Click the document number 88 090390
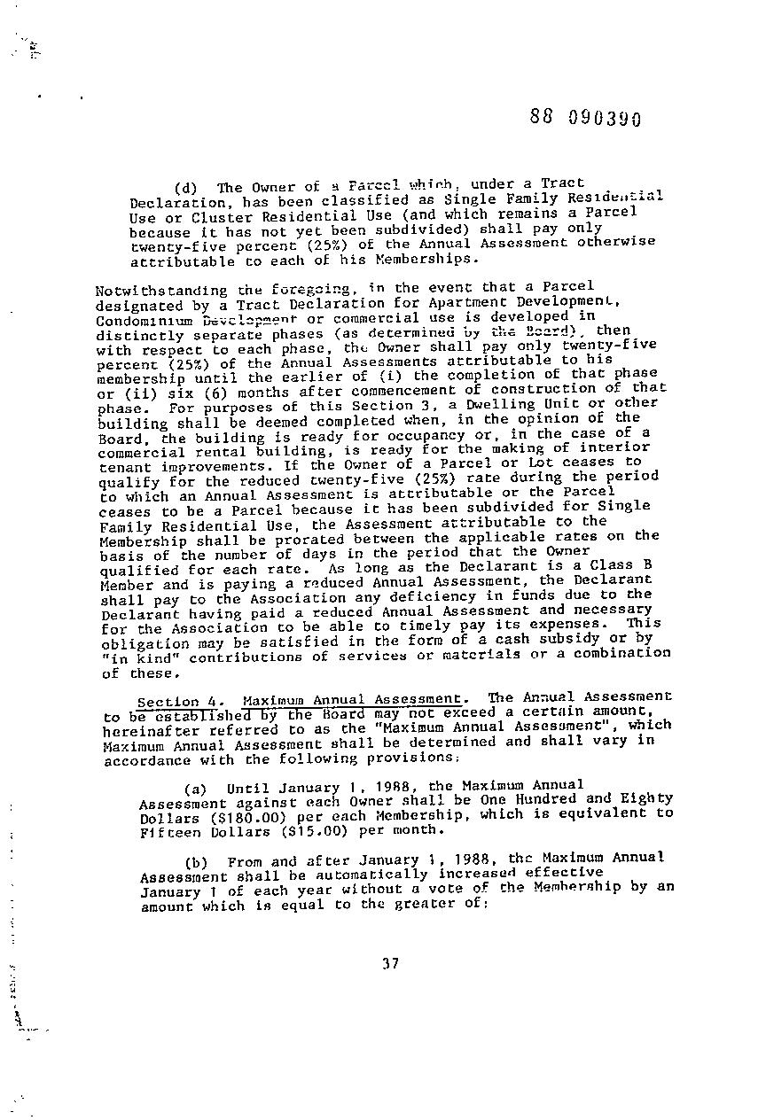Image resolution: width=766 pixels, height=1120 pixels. [x=584, y=119]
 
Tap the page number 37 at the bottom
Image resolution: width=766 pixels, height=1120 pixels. [x=389, y=964]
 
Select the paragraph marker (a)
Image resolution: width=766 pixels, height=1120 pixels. [x=196, y=788]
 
